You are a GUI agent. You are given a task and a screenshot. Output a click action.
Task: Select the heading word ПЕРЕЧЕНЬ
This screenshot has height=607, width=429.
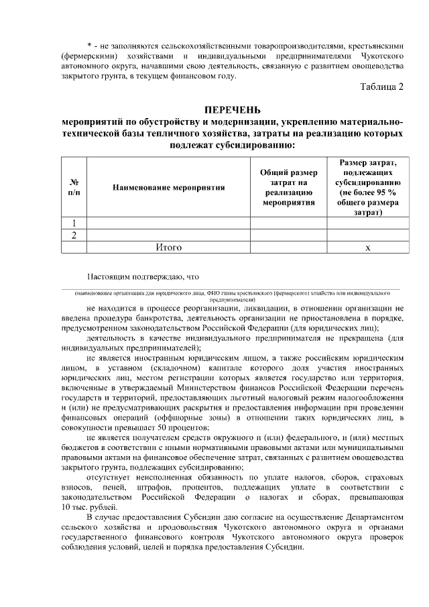pyautogui.click(x=233, y=110)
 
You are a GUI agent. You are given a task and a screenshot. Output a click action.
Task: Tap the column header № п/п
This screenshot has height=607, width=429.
pyautogui.click(x=74, y=187)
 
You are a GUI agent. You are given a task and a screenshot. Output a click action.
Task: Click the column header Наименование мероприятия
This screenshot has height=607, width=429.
pyautogui.click(x=168, y=187)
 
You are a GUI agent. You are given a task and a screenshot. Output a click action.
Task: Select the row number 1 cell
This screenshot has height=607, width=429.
pyautogui.click(x=74, y=223)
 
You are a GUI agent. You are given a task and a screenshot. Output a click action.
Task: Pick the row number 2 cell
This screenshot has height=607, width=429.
pyautogui.click(x=74, y=235)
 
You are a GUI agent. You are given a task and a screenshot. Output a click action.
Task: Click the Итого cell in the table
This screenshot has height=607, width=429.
pyautogui.click(x=168, y=247)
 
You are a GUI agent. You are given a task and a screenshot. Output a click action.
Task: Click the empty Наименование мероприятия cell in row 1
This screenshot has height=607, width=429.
pyautogui.click(x=168, y=223)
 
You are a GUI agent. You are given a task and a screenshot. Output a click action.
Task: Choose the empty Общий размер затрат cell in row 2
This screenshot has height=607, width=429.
pyautogui.click(x=288, y=235)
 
